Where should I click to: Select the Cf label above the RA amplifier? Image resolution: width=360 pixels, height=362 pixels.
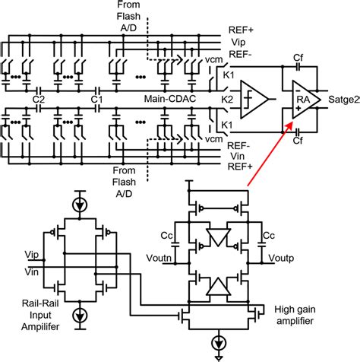coord(300,58)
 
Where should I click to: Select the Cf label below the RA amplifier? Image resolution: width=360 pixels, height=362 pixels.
coord(300,140)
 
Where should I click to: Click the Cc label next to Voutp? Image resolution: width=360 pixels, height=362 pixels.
coord(268,235)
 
